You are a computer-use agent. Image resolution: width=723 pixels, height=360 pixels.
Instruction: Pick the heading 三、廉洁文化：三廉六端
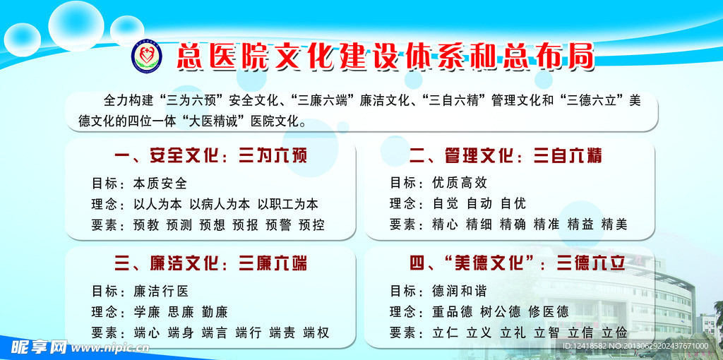point(210,264)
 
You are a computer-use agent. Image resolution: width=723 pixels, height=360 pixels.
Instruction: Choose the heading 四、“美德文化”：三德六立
point(517,264)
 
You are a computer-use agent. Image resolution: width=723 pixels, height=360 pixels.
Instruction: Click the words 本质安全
point(160,184)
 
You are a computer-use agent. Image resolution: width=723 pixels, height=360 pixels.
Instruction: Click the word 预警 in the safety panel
point(279,225)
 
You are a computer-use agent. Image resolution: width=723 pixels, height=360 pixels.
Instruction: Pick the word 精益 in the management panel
point(580,225)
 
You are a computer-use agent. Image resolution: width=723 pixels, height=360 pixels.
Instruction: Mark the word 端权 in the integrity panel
point(316,332)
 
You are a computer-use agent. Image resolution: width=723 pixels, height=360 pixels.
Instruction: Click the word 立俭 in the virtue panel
point(614,332)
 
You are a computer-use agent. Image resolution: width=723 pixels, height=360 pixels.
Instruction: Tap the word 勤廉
point(215,311)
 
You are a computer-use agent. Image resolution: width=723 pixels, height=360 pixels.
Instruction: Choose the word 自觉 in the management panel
point(446,204)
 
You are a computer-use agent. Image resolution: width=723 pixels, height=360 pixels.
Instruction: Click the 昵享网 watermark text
point(39,347)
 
